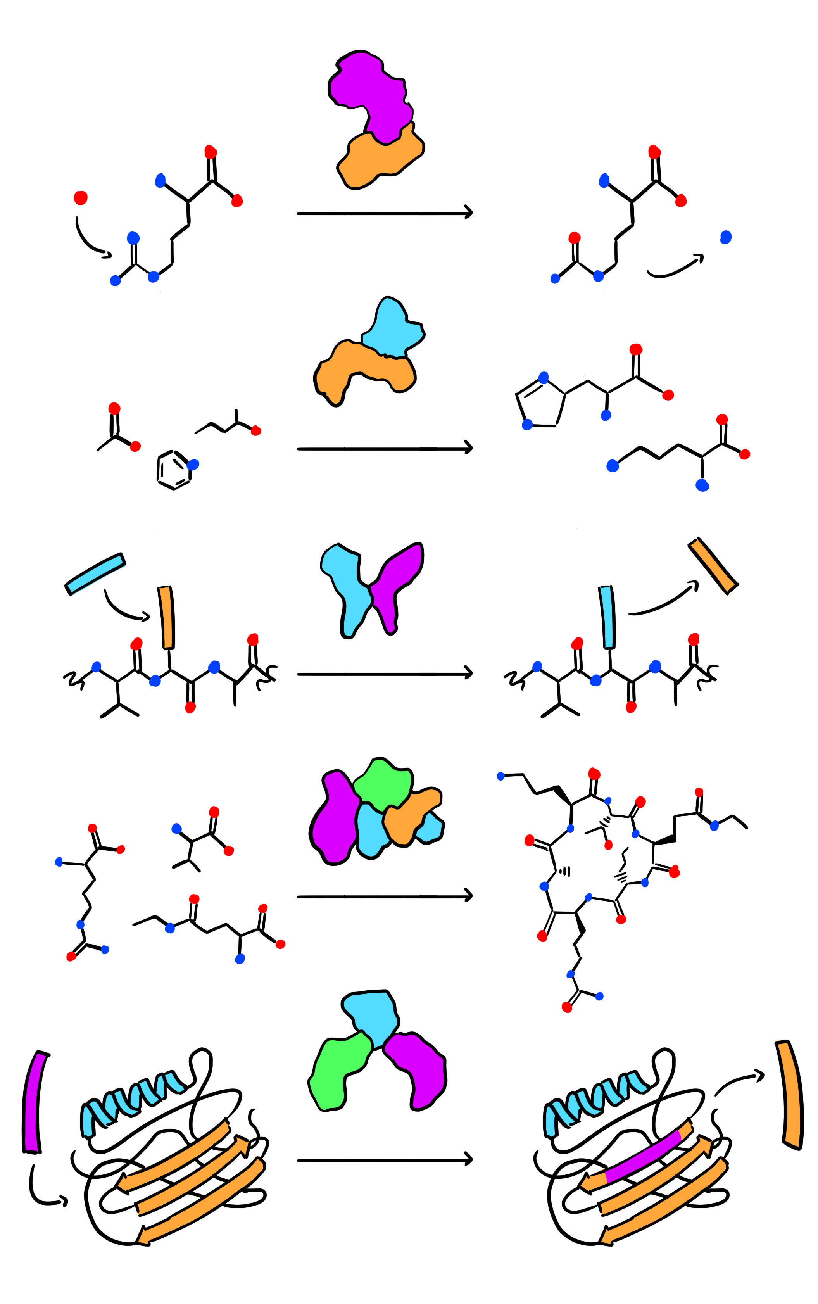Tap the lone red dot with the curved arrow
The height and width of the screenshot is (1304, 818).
click(x=81, y=198)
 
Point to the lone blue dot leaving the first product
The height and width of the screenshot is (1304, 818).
click(x=726, y=238)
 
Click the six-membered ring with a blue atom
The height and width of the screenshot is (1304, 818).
click(x=174, y=470)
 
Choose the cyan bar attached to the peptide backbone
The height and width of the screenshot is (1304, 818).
click(x=607, y=617)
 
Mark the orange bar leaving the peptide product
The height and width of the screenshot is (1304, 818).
click(x=713, y=565)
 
